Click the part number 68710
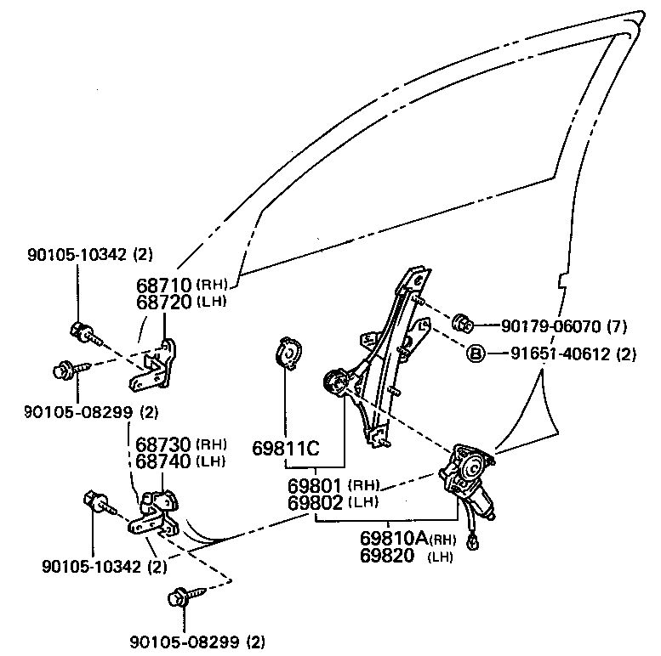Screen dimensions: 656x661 coord(164,285)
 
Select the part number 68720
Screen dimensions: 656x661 coord(164,302)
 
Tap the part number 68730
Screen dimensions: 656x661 coord(164,445)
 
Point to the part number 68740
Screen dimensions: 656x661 coord(164,461)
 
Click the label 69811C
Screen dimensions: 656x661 coord(285,447)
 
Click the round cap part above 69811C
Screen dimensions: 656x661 coord(289,355)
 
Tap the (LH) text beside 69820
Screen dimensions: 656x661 coord(441,557)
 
